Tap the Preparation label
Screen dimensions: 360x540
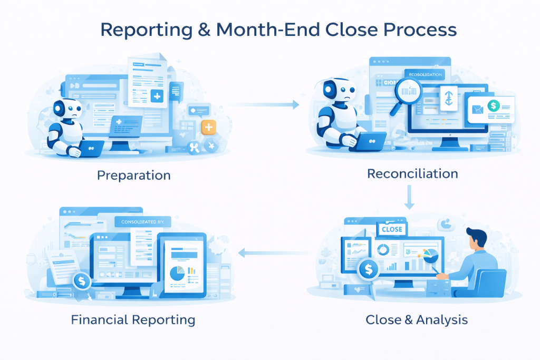tap(134, 175)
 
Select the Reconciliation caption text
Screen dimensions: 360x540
tap(412, 173)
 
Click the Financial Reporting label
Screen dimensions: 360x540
tap(133, 319)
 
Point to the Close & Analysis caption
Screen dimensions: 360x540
tap(417, 319)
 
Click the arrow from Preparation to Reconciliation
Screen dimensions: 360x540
tap(264, 105)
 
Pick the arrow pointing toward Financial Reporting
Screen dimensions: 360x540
tap(274, 254)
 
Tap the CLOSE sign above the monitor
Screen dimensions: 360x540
tap(391, 229)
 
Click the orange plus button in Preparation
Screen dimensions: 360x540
tap(209, 127)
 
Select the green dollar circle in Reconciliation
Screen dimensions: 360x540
tap(494, 106)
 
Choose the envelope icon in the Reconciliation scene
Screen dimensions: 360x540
tap(477, 110)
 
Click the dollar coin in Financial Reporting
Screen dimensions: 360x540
tap(82, 281)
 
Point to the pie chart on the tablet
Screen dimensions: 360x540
tap(178, 273)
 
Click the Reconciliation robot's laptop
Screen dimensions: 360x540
tap(369, 140)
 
